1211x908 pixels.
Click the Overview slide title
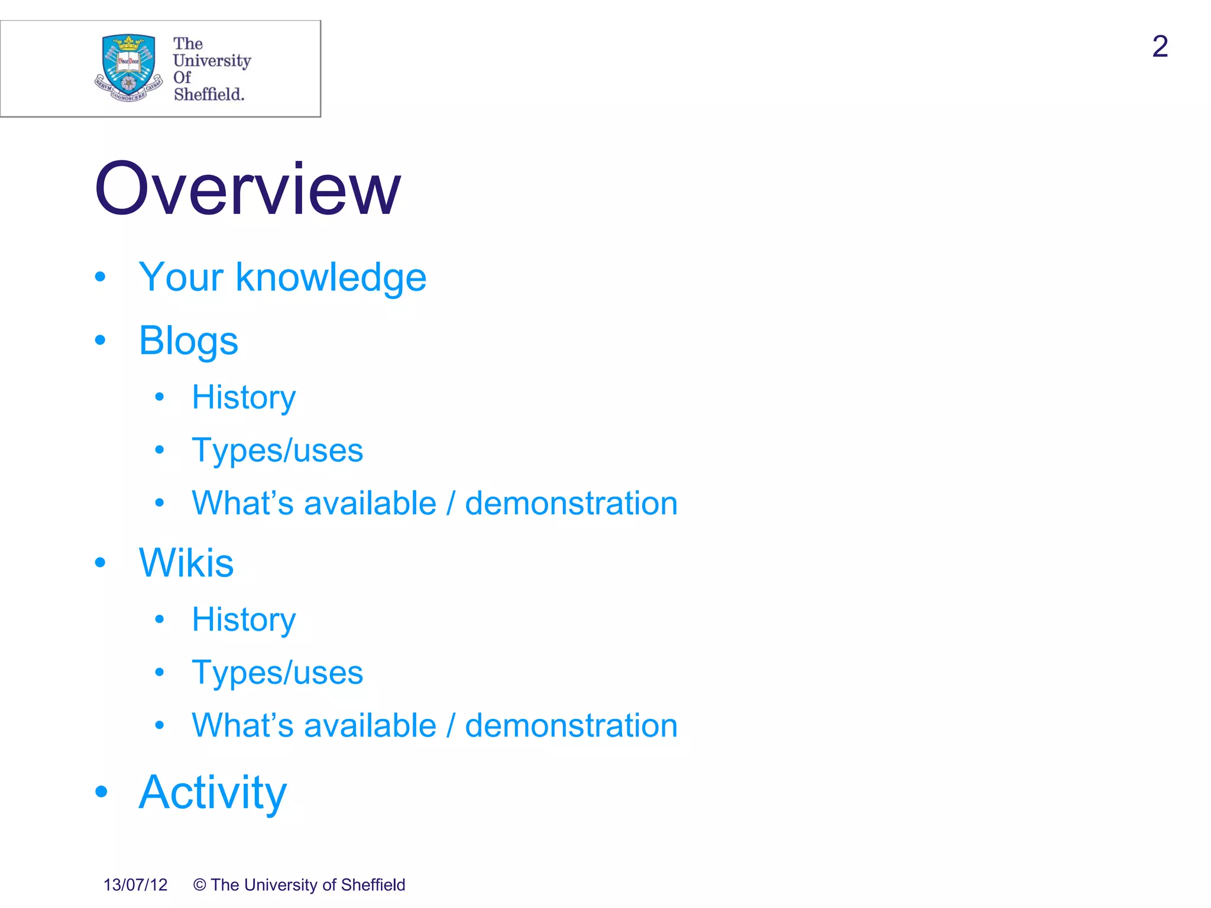[x=247, y=189]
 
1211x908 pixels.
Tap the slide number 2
[x=1160, y=47]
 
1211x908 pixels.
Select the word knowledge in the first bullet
[x=331, y=277]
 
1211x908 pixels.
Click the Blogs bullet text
[x=188, y=341]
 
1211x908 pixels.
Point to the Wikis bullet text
[x=186, y=562]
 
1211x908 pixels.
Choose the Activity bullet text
[x=212, y=792]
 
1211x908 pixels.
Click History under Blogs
[x=244, y=397]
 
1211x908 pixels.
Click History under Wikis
[x=244, y=620]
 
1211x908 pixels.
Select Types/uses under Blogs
[x=277, y=450]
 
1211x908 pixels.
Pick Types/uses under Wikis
[x=277, y=673]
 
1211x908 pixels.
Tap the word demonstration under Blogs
[x=571, y=504]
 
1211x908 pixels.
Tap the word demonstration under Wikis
[x=571, y=726]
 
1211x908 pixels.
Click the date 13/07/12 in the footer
[x=135, y=885]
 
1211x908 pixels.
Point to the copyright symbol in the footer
[x=200, y=885]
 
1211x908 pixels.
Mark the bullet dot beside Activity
[x=101, y=792]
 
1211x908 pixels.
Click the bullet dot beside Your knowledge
[x=100, y=277]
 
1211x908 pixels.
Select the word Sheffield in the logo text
[x=209, y=95]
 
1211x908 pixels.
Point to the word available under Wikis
[x=370, y=726]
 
